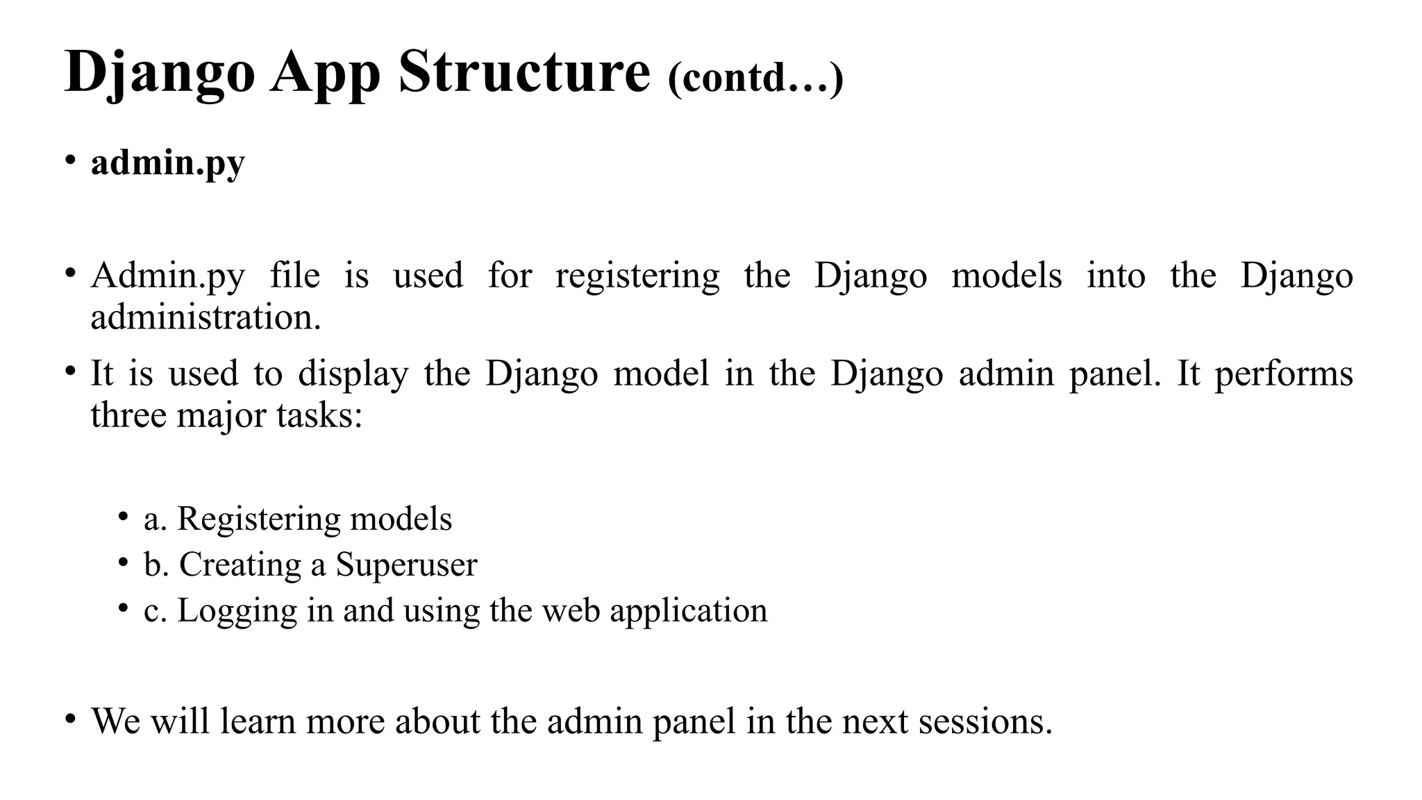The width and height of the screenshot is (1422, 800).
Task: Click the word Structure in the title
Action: coord(524,72)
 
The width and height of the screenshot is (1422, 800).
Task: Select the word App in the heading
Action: coord(326,74)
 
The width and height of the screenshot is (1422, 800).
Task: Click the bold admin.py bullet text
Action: coord(168,163)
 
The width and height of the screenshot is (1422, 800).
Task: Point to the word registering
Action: coord(637,276)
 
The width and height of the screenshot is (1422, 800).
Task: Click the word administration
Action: coord(206,318)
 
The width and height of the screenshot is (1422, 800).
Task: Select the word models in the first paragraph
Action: coord(1006,276)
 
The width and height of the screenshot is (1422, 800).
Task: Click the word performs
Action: coord(1283,375)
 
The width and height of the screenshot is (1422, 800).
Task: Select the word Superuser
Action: coord(406,565)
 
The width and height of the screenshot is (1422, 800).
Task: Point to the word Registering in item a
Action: coord(258,520)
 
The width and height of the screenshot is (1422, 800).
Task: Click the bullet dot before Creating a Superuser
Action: coord(123,561)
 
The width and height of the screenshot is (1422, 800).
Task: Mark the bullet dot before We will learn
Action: coord(69,718)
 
